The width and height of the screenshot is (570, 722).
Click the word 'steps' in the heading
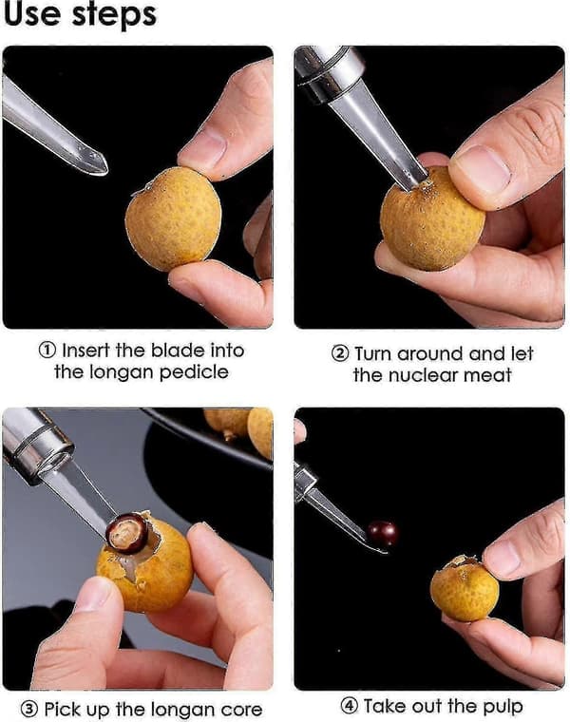[x=114, y=15]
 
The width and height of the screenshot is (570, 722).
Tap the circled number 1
[x=47, y=351]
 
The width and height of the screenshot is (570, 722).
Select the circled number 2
[x=340, y=353]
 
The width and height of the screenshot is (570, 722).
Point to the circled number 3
[x=29, y=709]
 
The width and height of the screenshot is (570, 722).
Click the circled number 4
[x=349, y=706]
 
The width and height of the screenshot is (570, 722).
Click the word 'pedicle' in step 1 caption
[x=194, y=372]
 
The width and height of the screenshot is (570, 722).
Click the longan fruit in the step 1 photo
[x=173, y=218]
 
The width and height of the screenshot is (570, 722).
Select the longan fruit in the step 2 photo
[x=432, y=219]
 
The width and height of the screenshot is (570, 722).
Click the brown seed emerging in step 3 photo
[x=126, y=533]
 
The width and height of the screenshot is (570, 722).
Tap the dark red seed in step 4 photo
[x=383, y=534]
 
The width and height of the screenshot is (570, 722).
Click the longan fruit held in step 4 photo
[x=464, y=588]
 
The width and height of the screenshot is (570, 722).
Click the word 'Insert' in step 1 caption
[x=86, y=351]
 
